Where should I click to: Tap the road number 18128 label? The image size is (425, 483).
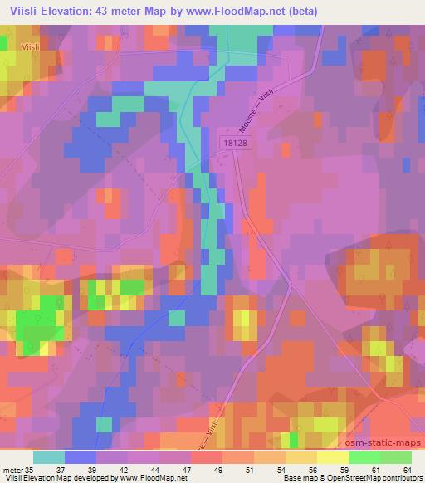click(235, 144)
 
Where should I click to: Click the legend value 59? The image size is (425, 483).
click(341, 470)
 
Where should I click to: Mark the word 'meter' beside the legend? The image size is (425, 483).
click(12, 470)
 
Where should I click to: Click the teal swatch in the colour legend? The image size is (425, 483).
click(49, 457)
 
